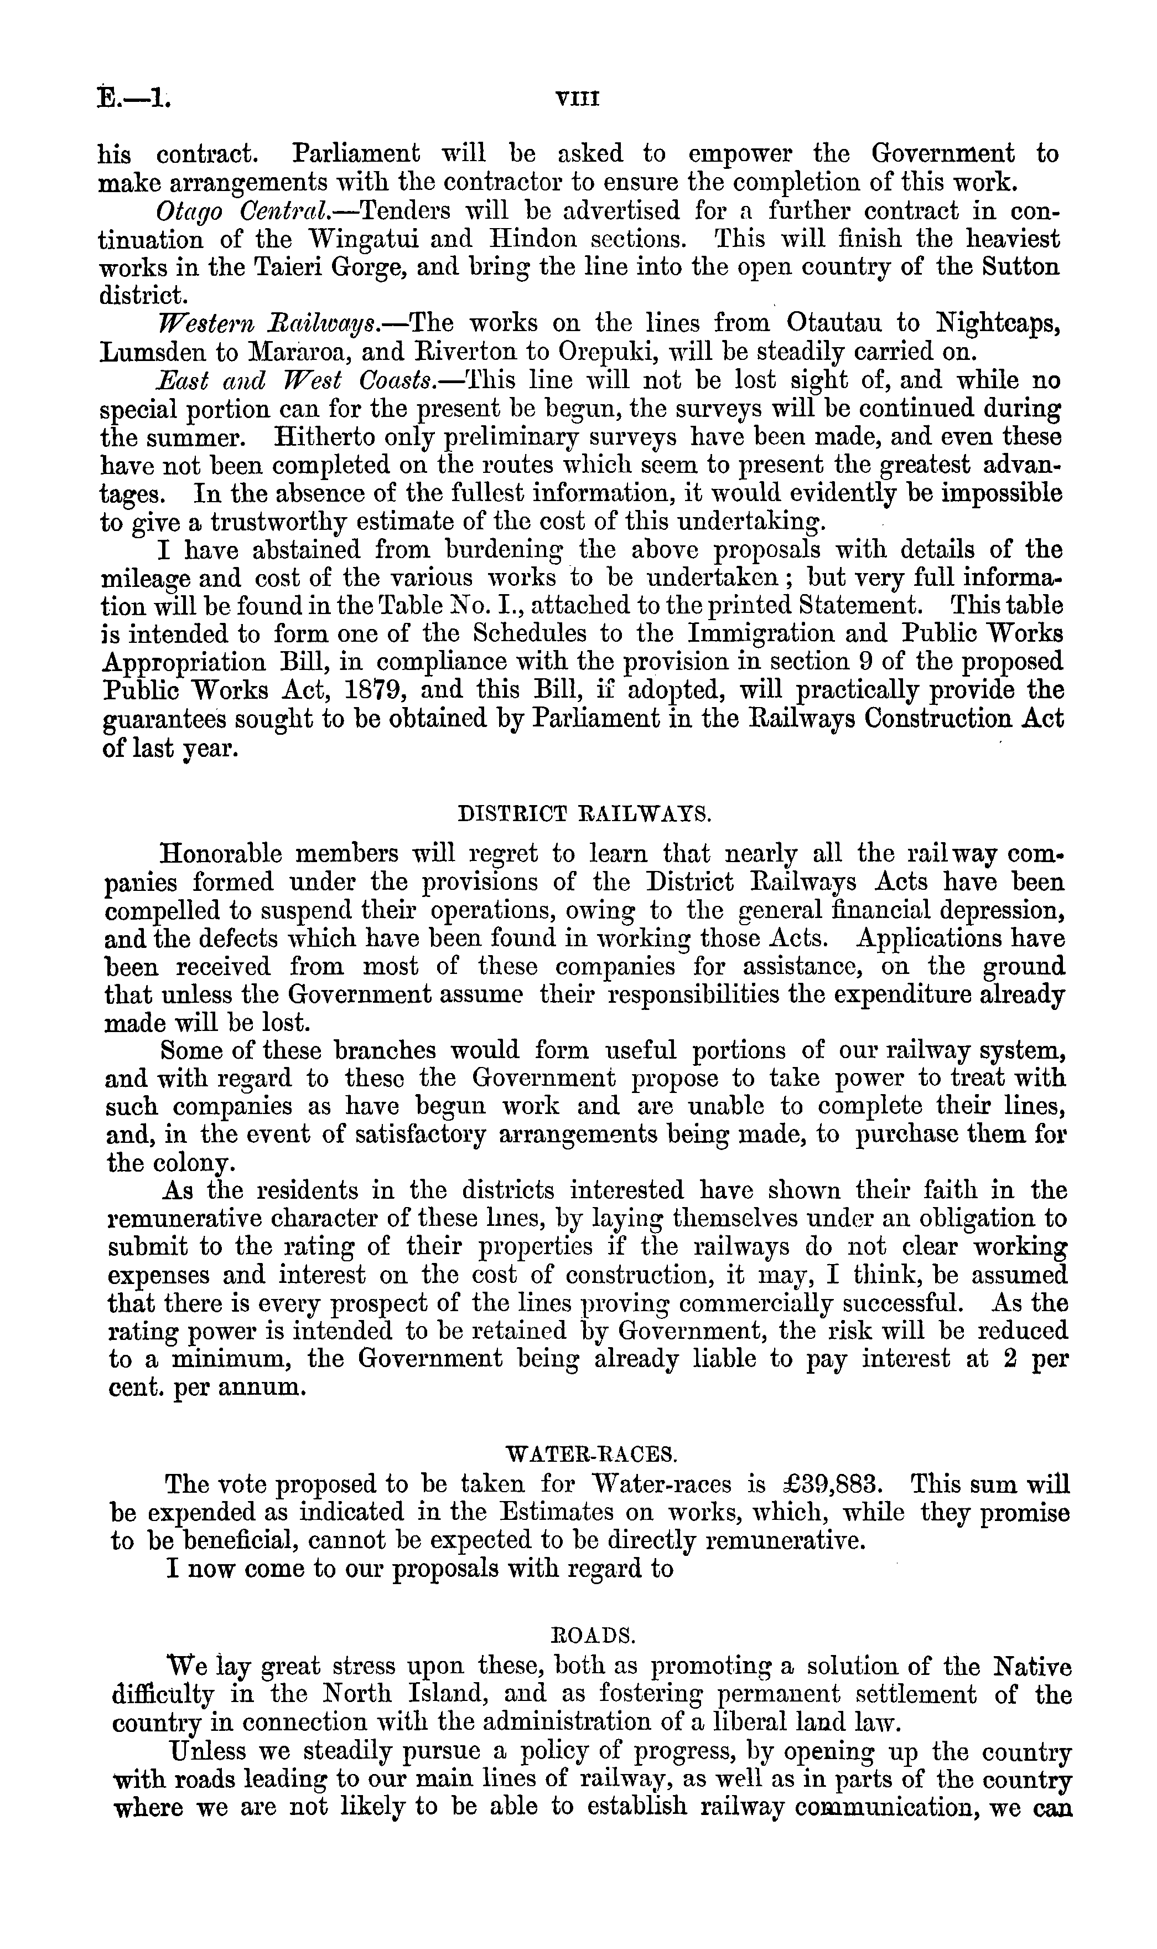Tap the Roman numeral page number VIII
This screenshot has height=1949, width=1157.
point(576,99)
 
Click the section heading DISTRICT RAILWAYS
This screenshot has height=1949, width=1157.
point(583,815)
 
